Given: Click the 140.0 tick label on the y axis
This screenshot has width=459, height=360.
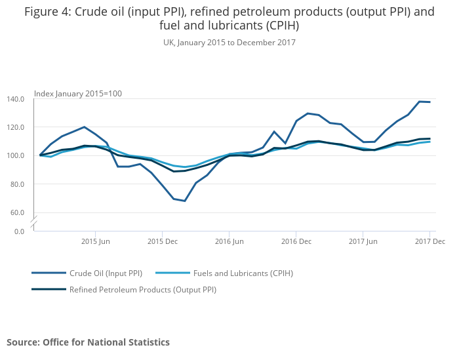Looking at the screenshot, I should pos(16,99).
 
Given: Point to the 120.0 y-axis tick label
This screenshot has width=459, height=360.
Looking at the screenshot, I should pos(16,127).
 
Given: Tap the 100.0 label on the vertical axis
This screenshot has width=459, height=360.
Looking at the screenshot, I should pos(16,156).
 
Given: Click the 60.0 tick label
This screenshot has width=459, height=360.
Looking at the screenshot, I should pos(17,212).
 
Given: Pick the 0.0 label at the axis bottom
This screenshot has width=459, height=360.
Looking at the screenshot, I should pos(19,231).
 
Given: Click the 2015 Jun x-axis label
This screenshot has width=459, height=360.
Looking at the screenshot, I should pos(95,241).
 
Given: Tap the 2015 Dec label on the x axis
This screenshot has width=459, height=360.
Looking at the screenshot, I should pos(163,241).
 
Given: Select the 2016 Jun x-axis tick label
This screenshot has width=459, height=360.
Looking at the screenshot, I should pos(228,241).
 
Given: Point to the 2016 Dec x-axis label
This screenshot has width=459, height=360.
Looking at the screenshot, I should pos(296,241).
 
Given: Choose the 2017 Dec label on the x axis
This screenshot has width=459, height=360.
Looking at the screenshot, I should pos(429,241).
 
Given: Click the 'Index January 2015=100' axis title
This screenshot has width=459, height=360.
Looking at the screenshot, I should pos(77,94).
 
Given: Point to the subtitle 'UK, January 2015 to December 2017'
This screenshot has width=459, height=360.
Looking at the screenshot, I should pos(229,43).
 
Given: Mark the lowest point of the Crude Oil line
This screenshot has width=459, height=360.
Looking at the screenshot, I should pos(185,201).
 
